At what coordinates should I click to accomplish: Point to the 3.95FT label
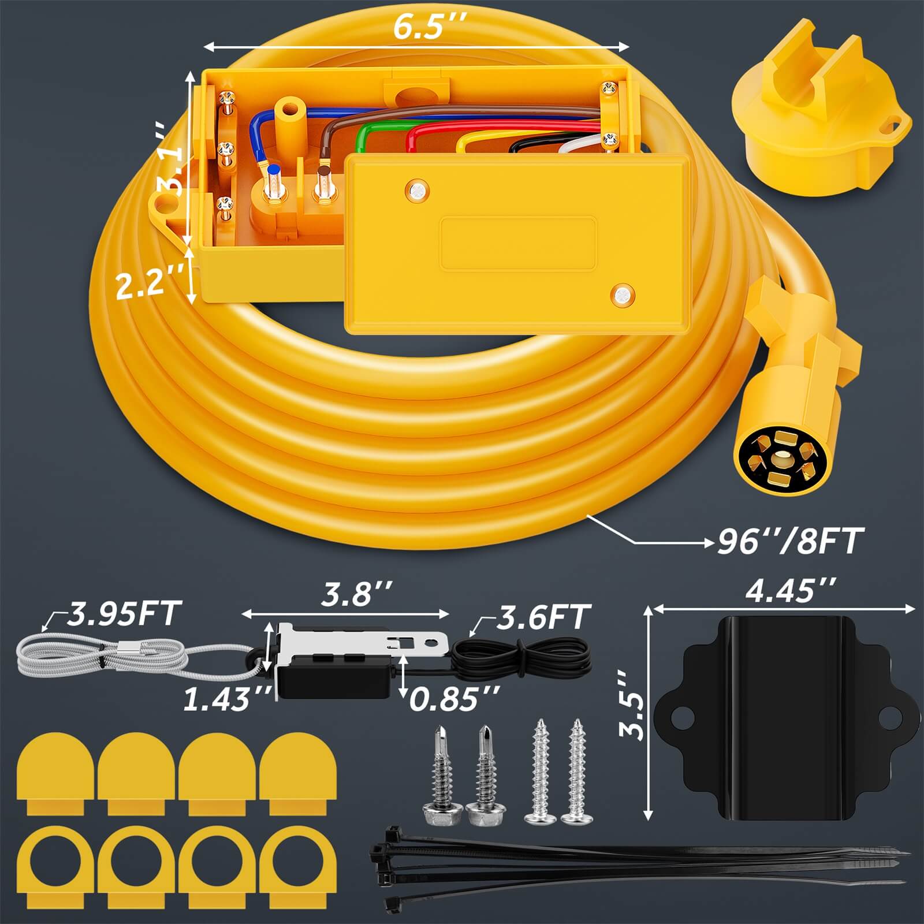pos(124,614)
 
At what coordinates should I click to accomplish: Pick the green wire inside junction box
pos(361,139)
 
